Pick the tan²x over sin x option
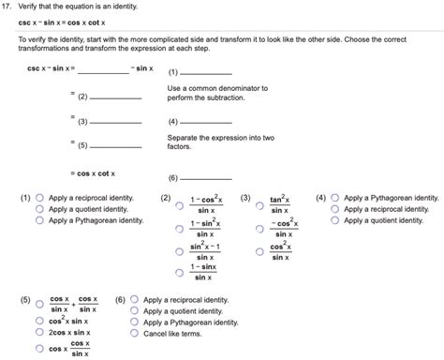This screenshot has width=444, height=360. (259, 203)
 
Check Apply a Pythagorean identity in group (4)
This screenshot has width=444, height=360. (335, 199)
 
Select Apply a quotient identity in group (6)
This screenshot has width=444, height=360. (135, 310)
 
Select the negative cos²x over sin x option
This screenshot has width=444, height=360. (259, 228)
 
